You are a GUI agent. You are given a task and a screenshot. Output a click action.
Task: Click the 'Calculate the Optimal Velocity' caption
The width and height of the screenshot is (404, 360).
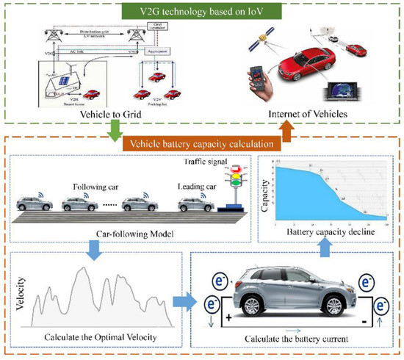(95, 336)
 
